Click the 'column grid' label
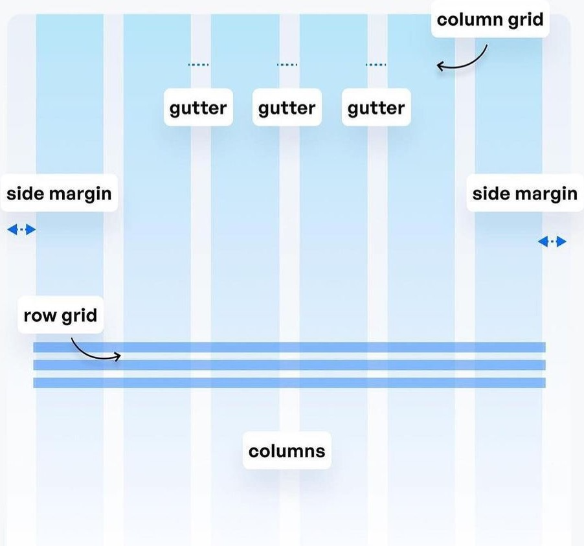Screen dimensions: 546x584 pos(489,19)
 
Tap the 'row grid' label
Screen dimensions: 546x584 pos(60,315)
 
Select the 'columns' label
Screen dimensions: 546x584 pos(287,450)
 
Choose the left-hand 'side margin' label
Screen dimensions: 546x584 pos(59,193)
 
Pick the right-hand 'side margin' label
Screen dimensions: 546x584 pos(524,193)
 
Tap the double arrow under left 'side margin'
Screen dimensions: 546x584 pos(21,229)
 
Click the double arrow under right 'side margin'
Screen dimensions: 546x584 pos(552,242)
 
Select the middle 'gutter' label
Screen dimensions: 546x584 pos(287,108)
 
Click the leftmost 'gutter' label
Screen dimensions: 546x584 pos(198,108)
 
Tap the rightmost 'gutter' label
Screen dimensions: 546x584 pos(376,108)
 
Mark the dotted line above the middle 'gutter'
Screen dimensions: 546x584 pos(287,65)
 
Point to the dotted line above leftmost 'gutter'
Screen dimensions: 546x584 pos(198,65)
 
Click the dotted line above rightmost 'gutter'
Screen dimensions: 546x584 pos(376,65)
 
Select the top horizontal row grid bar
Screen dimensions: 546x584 pos(324,347)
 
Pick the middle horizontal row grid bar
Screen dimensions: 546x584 pos(324,365)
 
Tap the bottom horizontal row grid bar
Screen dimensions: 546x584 pos(324,382)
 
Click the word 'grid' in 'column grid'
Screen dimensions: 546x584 pos(526,19)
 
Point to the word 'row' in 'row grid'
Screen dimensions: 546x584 pos(40,316)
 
